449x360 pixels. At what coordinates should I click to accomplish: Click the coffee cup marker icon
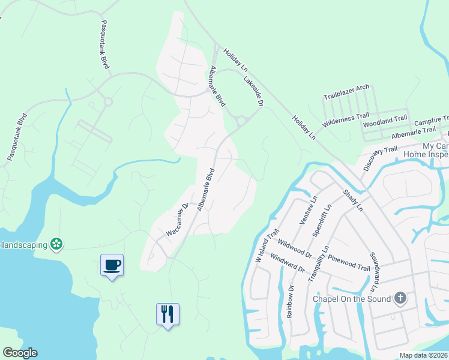tap(112, 264)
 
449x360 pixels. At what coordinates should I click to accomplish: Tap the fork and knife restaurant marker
tap(168, 313)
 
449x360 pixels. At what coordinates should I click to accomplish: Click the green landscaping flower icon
tap(56, 244)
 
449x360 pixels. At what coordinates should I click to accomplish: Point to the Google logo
tap(20, 353)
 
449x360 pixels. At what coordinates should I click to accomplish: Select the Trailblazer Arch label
tap(346, 92)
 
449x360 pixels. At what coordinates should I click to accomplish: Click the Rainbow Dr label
tap(291, 299)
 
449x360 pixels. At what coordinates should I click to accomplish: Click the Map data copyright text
tap(424, 355)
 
